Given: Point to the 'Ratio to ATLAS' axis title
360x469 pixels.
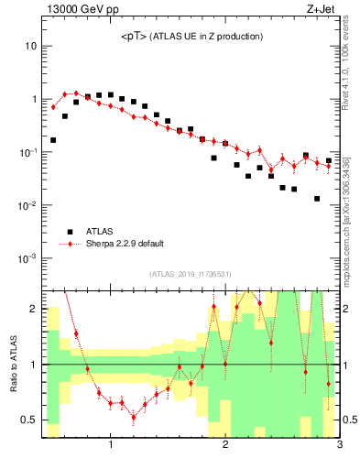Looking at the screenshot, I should pyautogui.click(x=14, y=364).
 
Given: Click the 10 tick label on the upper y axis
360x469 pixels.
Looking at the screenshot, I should pyautogui.click(x=30, y=46).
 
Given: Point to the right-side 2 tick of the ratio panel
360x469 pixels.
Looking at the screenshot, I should pyautogui.click(x=347, y=309).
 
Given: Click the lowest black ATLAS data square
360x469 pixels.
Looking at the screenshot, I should pyautogui.click(x=317, y=199).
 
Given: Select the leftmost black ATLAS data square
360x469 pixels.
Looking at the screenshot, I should pyautogui.click(x=53, y=140).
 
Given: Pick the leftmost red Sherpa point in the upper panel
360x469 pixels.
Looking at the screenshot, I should pyautogui.click(x=53, y=107).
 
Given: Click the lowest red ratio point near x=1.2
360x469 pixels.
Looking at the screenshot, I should pyautogui.click(x=134, y=418).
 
